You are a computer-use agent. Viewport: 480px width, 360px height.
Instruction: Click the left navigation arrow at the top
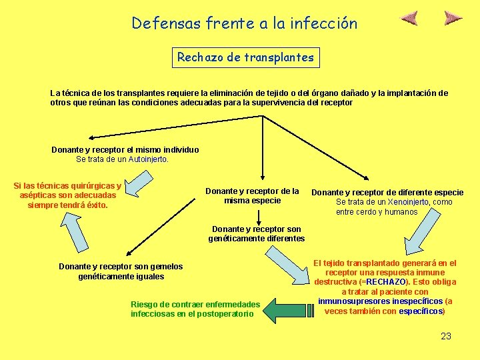pyautogui.click(x=409, y=18)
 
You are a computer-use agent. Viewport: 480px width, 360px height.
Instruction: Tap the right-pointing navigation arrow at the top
pyautogui.click(x=453, y=18)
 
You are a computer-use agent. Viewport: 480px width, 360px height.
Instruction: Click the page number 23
pyautogui.click(x=446, y=336)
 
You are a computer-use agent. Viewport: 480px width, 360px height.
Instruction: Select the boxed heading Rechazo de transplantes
pyautogui.click(x=245, y=57)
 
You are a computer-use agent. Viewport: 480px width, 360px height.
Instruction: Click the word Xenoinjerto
pyautogui.click(x=408, y=202)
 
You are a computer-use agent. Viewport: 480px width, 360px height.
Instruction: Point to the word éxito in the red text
pyautogui.click(x=94, y=205)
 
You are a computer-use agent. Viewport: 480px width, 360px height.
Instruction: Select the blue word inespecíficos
pyautogui.click(x=417, y=301)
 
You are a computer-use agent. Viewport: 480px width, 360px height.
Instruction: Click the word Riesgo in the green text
pyautogui.click(x=145, y=304)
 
